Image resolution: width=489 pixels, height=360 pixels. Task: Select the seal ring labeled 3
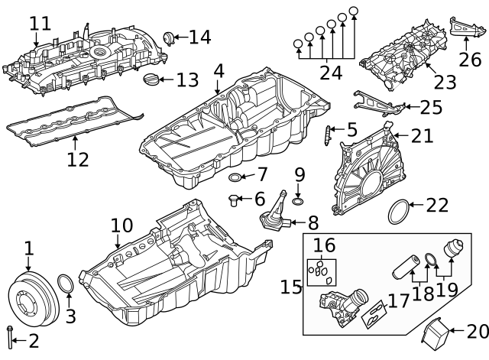pos(66,285)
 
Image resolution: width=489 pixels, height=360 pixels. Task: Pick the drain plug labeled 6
pos(232,200)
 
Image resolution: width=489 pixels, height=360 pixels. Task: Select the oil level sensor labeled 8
pos(273,219)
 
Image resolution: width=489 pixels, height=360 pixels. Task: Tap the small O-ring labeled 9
pos(298,201)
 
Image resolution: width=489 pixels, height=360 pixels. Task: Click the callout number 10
pos(121,226)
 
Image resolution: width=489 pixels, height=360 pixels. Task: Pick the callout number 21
pos(422,136)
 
